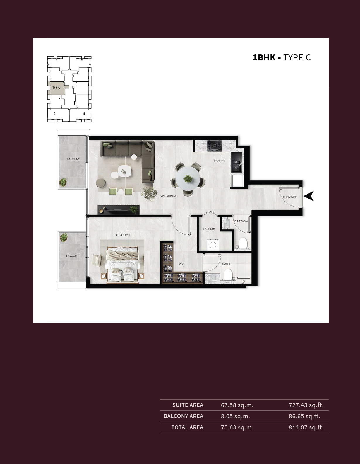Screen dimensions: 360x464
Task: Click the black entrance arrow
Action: pos(309,196)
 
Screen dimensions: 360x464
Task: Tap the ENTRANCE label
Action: pos(290,197)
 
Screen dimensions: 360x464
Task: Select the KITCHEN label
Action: pos(219,161)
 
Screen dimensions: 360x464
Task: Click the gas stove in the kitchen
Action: pos(214,146)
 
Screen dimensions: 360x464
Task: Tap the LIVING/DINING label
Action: pos(168,196)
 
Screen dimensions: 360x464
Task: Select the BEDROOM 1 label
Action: pos(122,235)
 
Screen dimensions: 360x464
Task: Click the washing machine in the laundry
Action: pos(213,245)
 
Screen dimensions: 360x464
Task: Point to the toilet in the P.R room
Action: pos(243,243)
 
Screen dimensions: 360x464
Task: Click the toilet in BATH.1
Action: pos(228,274)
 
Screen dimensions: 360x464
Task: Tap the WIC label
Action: pos(181,264)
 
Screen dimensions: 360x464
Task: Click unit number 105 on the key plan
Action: pos(56,88)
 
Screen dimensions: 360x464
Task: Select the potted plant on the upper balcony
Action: pos(63,182)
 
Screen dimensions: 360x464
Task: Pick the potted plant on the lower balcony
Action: pos(64,238)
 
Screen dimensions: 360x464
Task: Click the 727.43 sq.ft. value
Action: pos(306,405)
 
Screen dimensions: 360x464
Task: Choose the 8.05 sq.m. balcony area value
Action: pos(235,416)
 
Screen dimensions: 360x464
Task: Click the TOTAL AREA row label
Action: pos(187,427)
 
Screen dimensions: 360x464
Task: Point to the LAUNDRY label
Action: pos(209,229)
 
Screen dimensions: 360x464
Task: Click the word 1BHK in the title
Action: pos(264,58)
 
